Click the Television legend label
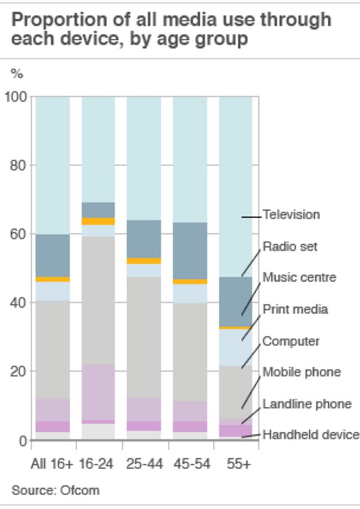[x=291, y=215]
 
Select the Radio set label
[x=290, y=246]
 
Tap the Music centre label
[x=299, y=278]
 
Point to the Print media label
[x=295, y=309]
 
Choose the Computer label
[x=290, y=341]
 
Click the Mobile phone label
[x=301, y=372]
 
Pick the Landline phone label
[x=306, y=404]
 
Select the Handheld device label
[x=310, y=435]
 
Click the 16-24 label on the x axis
[x=96, y=463]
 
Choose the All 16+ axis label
[x=52, y=463]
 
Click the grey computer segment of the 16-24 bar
[x=97, y=300]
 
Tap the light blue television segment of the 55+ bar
[x=236, y=185]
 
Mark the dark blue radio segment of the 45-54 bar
[x=190, y=250]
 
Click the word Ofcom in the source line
[x=80, y=491]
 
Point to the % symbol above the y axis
[x=17, y=73]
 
